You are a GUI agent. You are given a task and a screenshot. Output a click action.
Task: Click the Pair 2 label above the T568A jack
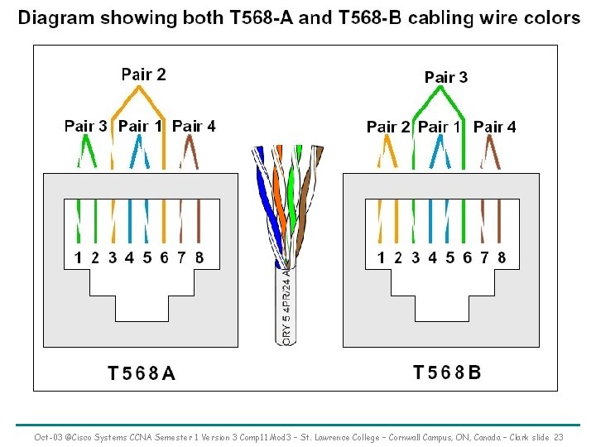(x=143, y=74)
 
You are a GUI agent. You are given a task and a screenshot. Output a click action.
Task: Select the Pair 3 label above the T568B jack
(x=445, y=77)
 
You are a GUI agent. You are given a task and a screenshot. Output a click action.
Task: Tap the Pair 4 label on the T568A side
(x=194, y=127)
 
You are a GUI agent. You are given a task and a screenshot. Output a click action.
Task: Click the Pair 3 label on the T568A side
(x=86, y=127)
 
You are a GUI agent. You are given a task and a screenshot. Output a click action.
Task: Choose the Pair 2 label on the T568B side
(x=388, y=127)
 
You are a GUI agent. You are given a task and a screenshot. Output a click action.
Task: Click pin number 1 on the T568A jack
(x=78, y=257)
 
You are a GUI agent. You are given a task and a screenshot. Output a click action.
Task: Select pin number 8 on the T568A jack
(x=199, y=257)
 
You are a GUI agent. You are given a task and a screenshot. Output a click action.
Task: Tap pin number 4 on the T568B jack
(x=432, y=257)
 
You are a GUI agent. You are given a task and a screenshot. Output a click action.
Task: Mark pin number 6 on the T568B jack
(x=468, y=257)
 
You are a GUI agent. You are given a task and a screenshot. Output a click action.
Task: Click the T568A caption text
(x=142, y=373)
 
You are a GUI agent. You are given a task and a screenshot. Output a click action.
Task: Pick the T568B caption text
(x=447, y=372)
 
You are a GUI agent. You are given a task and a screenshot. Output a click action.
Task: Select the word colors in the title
(x=550, y=17)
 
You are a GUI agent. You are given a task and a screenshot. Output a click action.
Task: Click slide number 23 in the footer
(x=559, y=437)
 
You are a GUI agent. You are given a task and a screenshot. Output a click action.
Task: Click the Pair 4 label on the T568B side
(x=495, y=127)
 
